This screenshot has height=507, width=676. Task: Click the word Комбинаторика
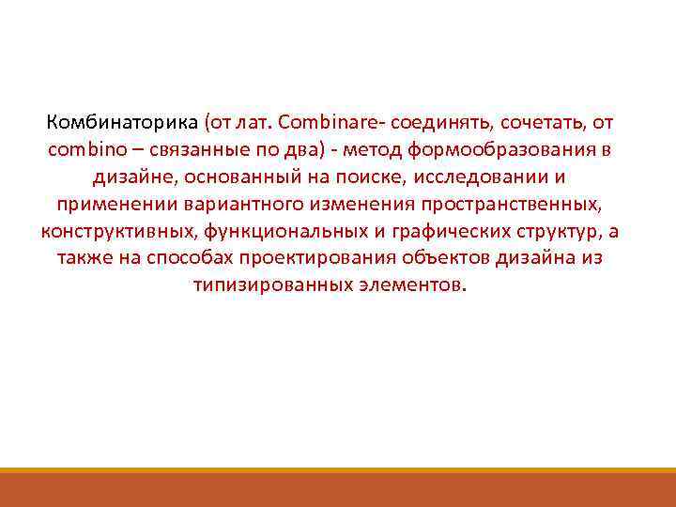(x=121, y=123)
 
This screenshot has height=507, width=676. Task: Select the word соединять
(x=442, y=123)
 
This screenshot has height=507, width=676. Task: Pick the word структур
(x=556, y=232)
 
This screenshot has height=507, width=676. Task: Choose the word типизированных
(x=263, y=285)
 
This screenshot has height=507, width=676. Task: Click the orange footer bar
(x=338, y=489)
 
